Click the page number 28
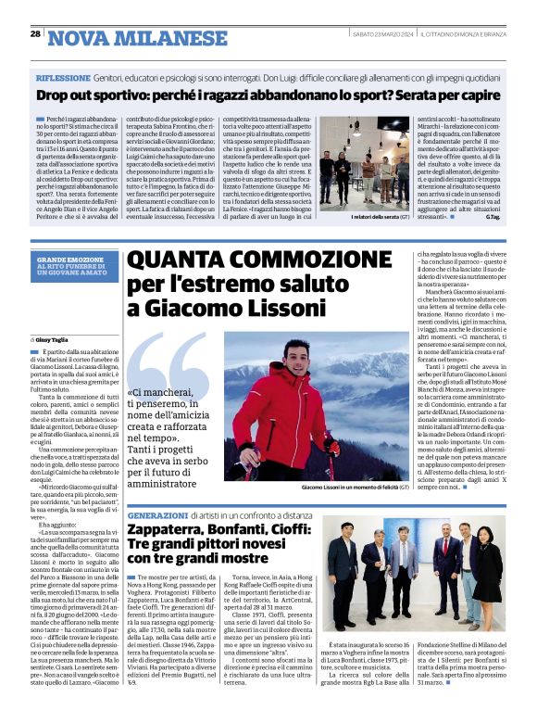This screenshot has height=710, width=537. [x=35, y=33]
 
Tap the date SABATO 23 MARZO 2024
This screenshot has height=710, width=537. [x=374, y=34]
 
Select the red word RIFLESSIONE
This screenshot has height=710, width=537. [x=62, y=81]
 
